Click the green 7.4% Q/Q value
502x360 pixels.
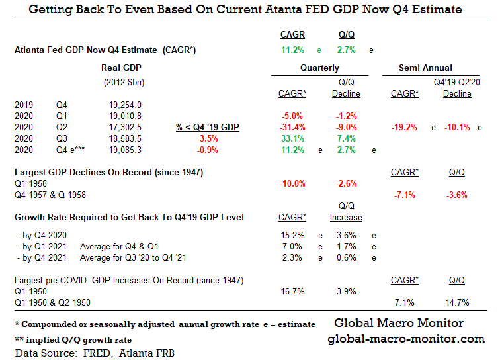pyautogui.click(x=346, y=138)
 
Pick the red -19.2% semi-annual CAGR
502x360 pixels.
pyautogui.click(x=404, y=127)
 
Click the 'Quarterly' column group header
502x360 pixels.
pyautogui.click(x=319, y=67)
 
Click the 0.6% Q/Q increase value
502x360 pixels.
pyautogui.click(x=346, y=257)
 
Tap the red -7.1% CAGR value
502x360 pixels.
pyautogui.click(x=404, y=195)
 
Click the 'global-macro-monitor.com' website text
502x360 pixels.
pyautogui.click(x=406, y=339)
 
